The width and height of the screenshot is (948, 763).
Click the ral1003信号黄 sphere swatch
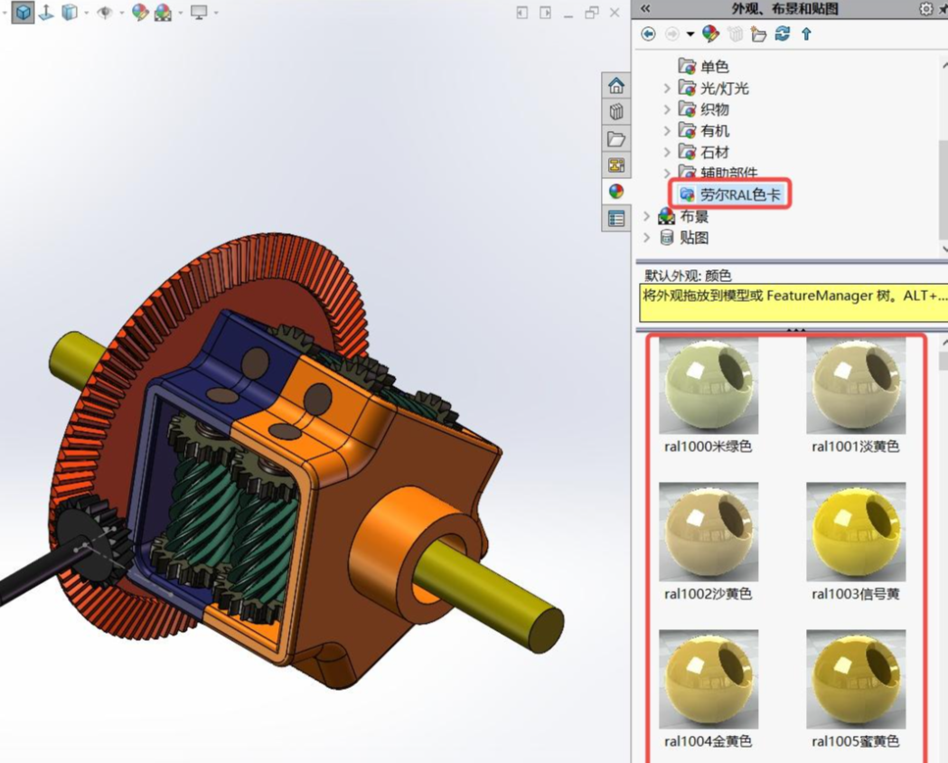pos(856,532)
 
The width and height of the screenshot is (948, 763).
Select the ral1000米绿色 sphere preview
pos(709,385)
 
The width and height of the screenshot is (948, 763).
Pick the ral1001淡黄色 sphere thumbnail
pos(856,385)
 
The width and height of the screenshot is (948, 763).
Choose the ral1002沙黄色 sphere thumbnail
pos(709,532)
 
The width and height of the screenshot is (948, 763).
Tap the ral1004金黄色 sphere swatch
pos(709,679)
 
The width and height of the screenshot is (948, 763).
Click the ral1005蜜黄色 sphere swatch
pos(856,679)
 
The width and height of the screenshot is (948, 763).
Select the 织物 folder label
pos(715,109)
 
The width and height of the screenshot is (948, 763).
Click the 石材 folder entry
pos(715,152)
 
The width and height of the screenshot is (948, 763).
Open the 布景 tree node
pos(693,216)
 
